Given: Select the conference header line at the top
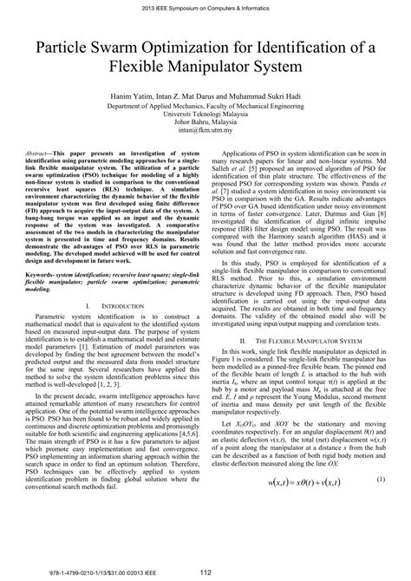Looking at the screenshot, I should click(205, 7).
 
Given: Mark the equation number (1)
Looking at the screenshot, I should click(381, 505).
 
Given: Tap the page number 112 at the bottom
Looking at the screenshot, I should click(205, 571).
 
